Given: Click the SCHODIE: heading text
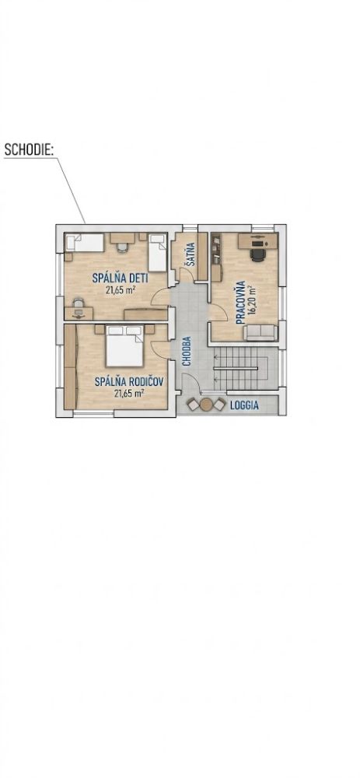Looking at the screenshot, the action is pos(28,150).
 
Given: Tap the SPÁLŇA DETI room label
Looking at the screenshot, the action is pos(120,278).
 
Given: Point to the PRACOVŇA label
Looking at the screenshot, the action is pos(241,302).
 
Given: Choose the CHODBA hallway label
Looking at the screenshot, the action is pos(187,352).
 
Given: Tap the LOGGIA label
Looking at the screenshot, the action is pos(244,405).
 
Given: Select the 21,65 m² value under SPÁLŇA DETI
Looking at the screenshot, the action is pos(121,291).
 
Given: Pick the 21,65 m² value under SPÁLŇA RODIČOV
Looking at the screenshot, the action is pos(129,394).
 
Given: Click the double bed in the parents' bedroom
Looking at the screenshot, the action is pos(124,346).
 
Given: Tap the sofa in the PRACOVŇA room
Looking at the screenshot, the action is pos(260,332).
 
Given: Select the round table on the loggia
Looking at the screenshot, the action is pos(206,405).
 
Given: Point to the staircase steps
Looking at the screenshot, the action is pos(239,369).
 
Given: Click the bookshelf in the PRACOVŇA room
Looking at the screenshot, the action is pos(215,249).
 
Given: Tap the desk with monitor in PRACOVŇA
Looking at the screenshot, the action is pos(257,241).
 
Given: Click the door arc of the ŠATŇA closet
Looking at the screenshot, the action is pos(185,275).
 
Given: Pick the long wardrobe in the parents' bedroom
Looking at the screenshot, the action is pos(71,367).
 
